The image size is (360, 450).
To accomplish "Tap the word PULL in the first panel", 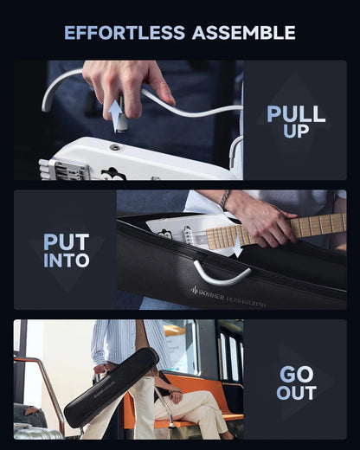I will pyautogui.click(x=296, y=113).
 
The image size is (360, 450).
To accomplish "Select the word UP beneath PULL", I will pyautogui.click(x=296, y=132).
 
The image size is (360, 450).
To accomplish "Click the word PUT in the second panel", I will pyautogui.click(x=66, y=241).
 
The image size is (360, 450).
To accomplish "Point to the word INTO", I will pyautogui.click(x=66, y=260).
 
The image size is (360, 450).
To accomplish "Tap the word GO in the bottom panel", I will pyautogui.click(x=296, y=374).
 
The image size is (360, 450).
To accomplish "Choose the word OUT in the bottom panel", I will pyautogui.click(x=296, y=393).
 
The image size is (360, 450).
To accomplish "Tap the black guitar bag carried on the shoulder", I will pyautogui.click(x=111, y=389).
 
